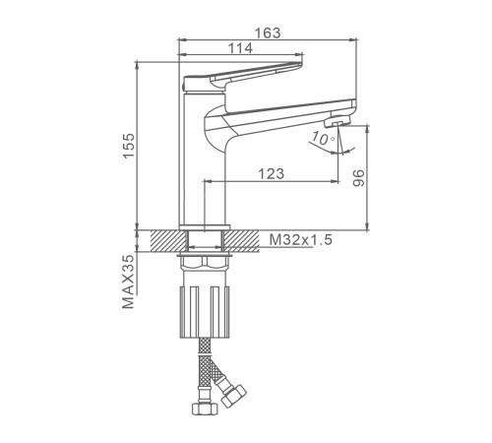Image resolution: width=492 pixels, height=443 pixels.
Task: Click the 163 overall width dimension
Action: point(268,32)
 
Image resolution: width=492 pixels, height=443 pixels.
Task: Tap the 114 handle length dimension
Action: point(240,48)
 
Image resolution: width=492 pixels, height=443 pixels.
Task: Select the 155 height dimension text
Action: point(129,146)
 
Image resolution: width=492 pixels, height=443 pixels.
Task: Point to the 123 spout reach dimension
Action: point(272,173)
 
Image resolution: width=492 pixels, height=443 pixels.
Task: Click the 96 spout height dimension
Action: point(358,178)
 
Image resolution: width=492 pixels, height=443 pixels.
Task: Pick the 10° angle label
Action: point(323,138)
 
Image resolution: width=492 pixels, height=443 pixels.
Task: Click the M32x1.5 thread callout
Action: point(301,240)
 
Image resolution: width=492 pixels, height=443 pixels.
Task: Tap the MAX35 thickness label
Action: point(128,282)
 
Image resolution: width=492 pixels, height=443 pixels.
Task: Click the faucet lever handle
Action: point(243,77)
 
